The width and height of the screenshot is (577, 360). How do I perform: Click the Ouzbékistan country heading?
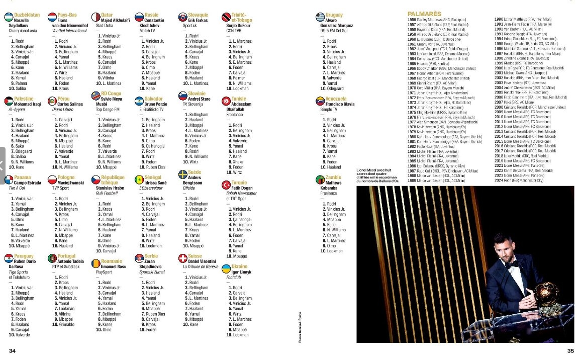coord(27,15)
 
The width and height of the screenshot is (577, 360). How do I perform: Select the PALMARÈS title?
coord(424,14)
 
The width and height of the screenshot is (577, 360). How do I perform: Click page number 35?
coord(570,350)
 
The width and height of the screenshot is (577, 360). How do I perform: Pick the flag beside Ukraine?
coord(227,269)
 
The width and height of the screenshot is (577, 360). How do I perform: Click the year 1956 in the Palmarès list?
coord(411,19)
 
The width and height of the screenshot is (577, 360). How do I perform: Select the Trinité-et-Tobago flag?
coord(227,18)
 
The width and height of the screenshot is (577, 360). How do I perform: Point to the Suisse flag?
coord(183,259)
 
